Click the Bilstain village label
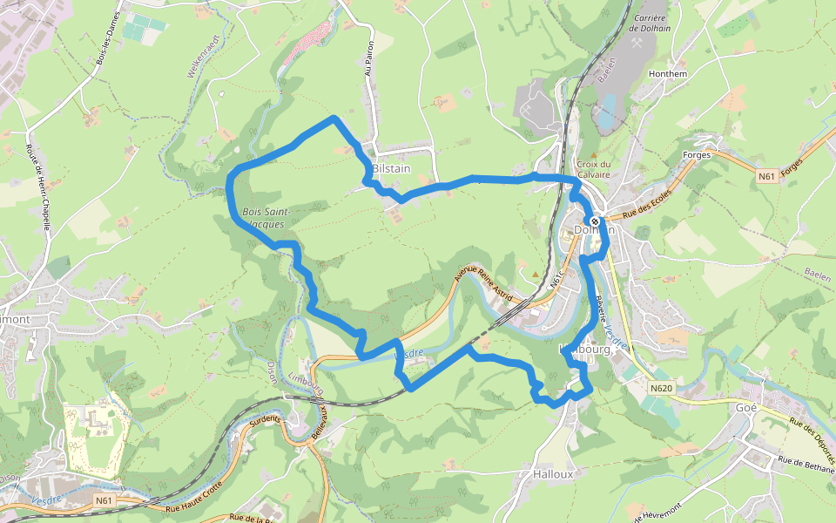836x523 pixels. (390, 168)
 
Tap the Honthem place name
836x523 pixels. (668, 74)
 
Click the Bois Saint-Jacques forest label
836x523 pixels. (265, 218)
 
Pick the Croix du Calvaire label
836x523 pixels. (593, 168)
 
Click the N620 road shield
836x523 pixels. (662, 388)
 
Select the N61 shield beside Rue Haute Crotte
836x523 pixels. (104, 500)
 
